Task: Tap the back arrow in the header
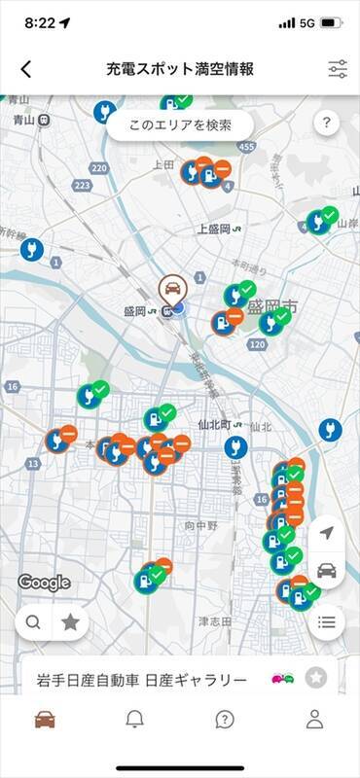(x=26, y=69)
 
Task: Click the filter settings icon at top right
(x=338, y=69)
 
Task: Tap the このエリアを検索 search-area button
(x=180, y=125)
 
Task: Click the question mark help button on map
(x=326, y=124)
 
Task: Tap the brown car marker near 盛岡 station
(x=173, y=288)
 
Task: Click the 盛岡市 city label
(x=271, y=306)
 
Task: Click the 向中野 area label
(x=203, y=525)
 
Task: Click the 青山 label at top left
(x=24, y=120)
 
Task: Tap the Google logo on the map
(x=44, y=583)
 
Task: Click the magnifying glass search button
(x=34, y=622)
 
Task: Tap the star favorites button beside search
(x=70, y=622)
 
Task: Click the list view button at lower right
(x=326, y=621)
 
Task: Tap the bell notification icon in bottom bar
(x=135, y=719)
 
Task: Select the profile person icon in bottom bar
(x=314, y=719)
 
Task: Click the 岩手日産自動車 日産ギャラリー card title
(x=141, y=679)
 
